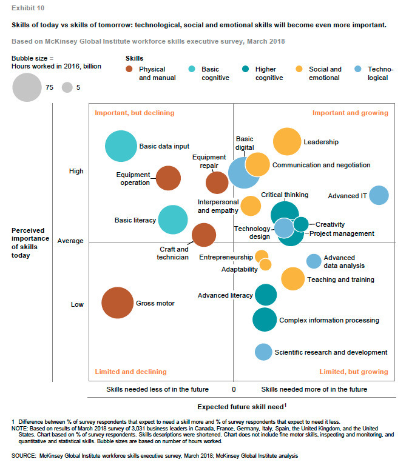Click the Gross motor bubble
tap(117, 303)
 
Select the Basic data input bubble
tap(121, 146)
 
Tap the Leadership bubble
tap(287, 142)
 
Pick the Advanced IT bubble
tap(379, 195)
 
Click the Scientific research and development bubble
tap(263, 352)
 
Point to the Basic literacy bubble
tap(173, 220)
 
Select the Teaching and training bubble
tap(293, 279)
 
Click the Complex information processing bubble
tap(264, 319)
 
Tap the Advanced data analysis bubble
tap(313, 261)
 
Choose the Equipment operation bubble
tap(168, 178)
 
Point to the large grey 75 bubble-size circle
tap(27, 87)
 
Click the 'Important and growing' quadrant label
tap(350, 113)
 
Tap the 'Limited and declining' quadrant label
tap(130, 372)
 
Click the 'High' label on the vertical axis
tap(76, 172)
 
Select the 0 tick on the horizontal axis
tap(234, 389)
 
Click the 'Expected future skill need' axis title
tap(242, 406)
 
